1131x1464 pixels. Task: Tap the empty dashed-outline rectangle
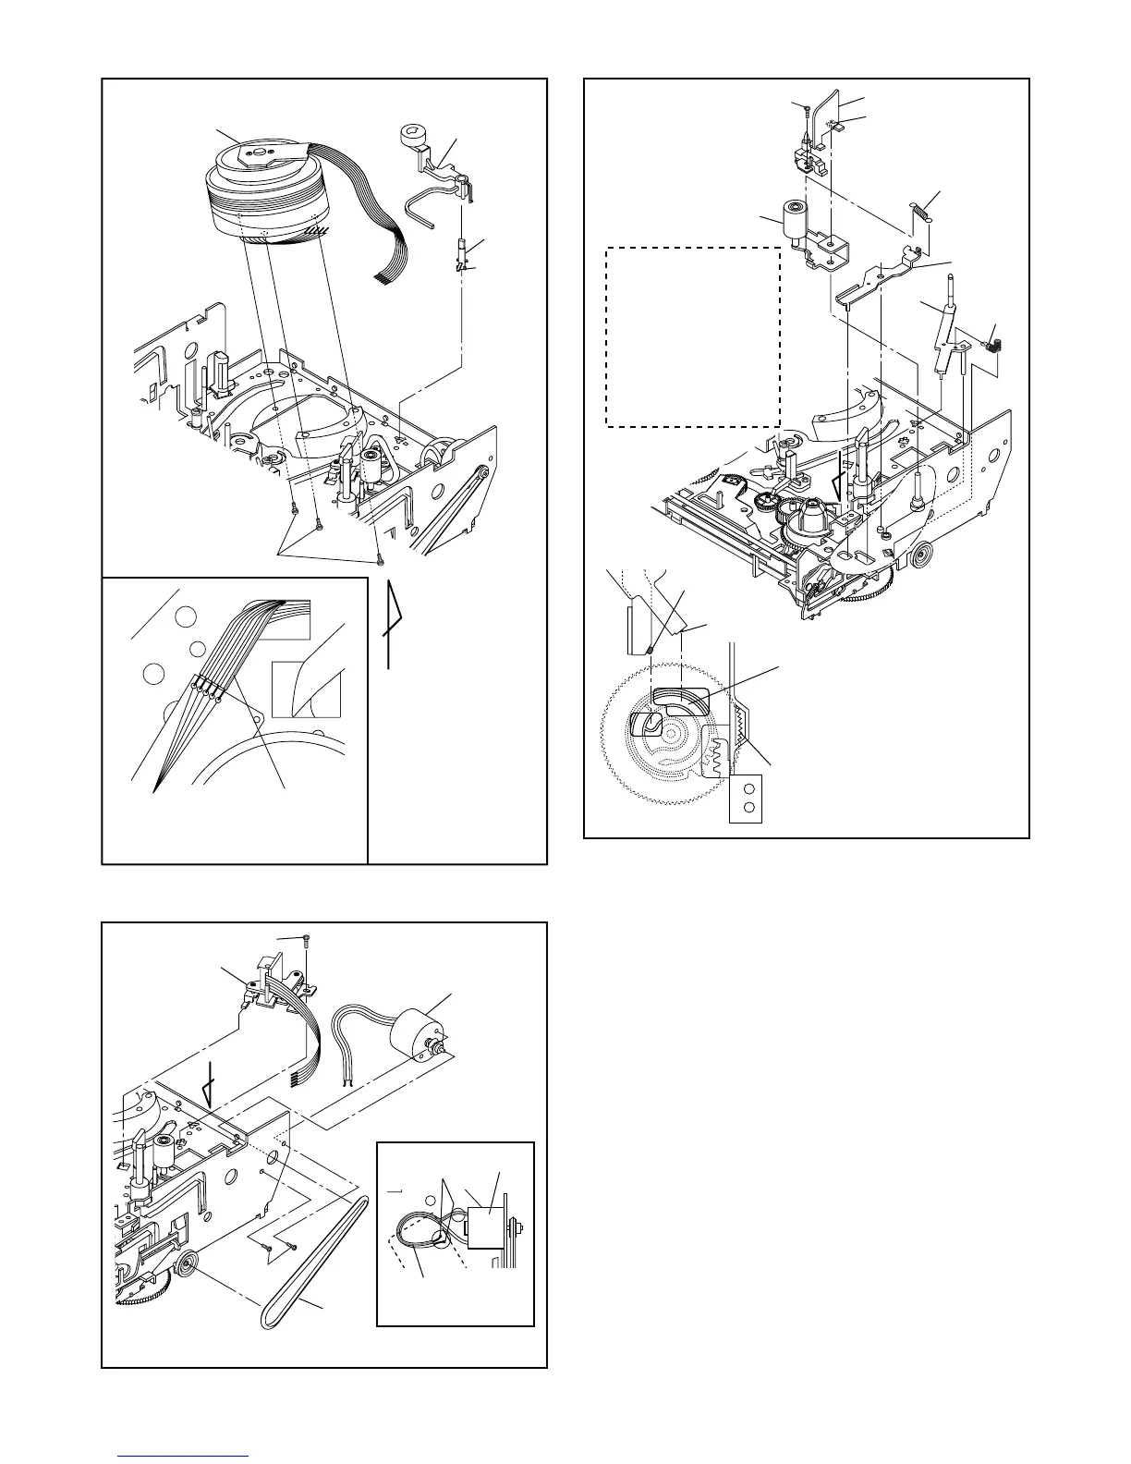pos(692,336)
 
